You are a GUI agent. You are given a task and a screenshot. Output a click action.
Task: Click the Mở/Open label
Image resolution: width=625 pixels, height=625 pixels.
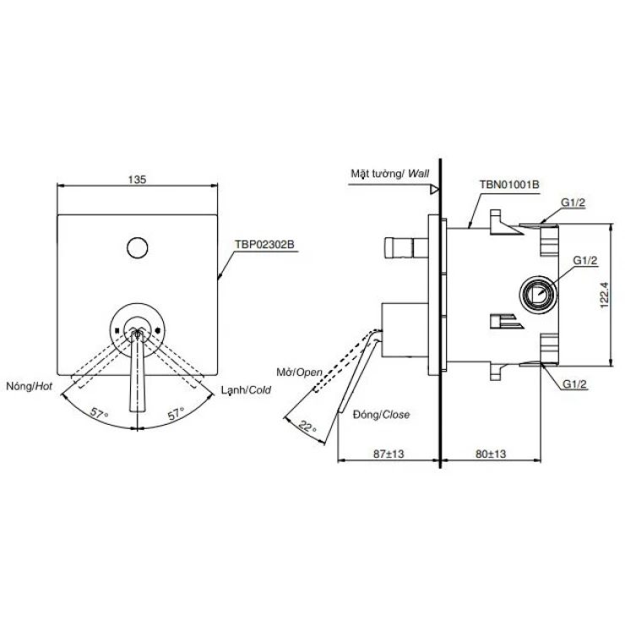pyautogui.click(x=299, y=372)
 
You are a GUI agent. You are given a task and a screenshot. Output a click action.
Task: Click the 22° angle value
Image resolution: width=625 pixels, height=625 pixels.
pyautogui.click(x=308, y=427)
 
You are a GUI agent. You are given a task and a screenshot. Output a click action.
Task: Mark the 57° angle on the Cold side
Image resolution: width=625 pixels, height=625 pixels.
pyautogui.click(x=174, y=415)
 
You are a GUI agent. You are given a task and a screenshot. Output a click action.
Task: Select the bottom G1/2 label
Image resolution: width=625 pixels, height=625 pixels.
pyautogui.click(x=575, y=384)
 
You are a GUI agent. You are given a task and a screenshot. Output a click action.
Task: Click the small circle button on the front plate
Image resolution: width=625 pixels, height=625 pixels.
pyautogui.click(x=137, y=247)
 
